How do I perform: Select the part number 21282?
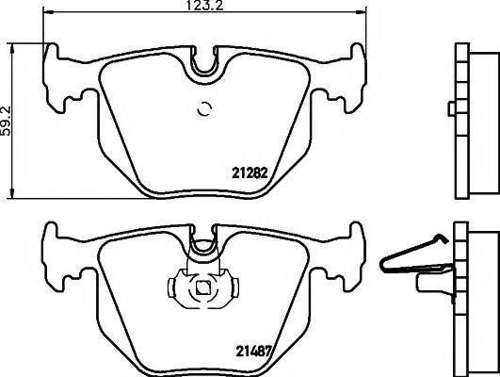click(x=250, y=172)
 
